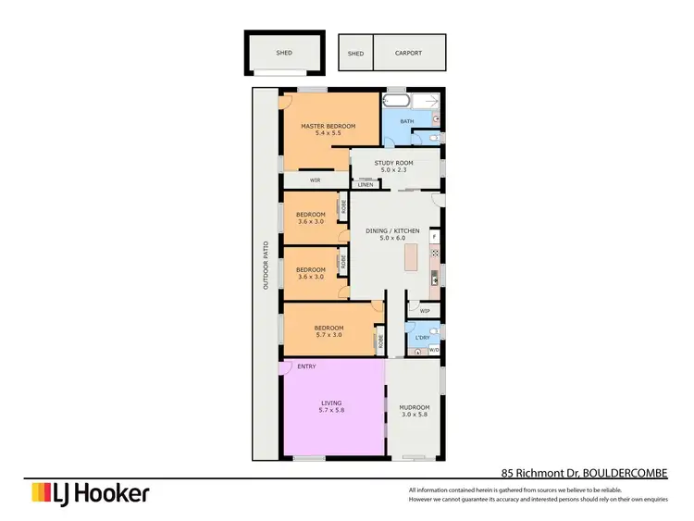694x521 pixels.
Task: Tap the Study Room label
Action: pyautogui.click(x=392, y=163)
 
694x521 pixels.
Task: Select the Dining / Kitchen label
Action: pyautogui.click(x=393, y=230)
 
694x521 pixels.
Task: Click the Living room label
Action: pyautogui.click(x=331, y=403)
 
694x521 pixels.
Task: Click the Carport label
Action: pyautogui.click(x=408, y=54)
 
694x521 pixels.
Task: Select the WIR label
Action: pyautogui.click(x=315, y=180)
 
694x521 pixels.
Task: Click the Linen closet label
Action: pyautogui.click(x=366, y=185)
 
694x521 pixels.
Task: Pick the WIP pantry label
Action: pyautogui.click(x=425, y=311)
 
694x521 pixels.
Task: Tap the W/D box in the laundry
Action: pyautogui.click(x=434, y=350)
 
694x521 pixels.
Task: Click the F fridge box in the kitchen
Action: pyautogui.click(x=434, y=238)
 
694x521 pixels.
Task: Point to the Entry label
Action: pyautogui.click(x=306, y=366)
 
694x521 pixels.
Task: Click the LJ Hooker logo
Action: pyautogui.click(x=90, y=493)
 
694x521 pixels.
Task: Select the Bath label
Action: pyautogui.click(x=407, y=121)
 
